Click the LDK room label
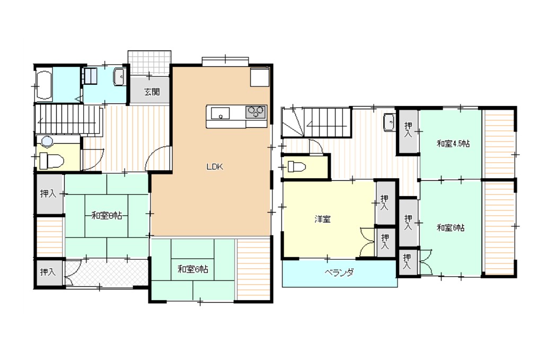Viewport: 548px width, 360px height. click(215, 166)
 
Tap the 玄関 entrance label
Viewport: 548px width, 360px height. click(152, 92)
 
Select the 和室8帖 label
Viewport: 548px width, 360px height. click(107, 215)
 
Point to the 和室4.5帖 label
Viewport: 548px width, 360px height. click(453, 143)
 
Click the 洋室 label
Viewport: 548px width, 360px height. click(322, 219)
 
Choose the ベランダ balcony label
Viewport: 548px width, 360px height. click(339, 273)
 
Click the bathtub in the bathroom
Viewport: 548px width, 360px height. click(43, 86)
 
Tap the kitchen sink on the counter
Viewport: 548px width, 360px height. click(220, 113)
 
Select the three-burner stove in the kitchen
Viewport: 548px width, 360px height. click(256, 112)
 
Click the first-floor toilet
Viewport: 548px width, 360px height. click(51, 161)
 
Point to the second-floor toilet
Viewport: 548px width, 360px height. click(297, 166)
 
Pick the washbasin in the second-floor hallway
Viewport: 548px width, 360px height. click(389, 122)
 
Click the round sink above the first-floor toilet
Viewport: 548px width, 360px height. click(47, 141)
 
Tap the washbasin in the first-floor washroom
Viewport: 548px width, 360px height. click(119, 77)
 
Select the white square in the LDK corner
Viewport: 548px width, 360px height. click(259, 77)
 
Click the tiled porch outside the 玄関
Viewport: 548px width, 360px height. click(149, 63)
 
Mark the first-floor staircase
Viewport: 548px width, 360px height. click(68, 119)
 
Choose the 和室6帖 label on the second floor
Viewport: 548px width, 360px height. click(451, 228)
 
